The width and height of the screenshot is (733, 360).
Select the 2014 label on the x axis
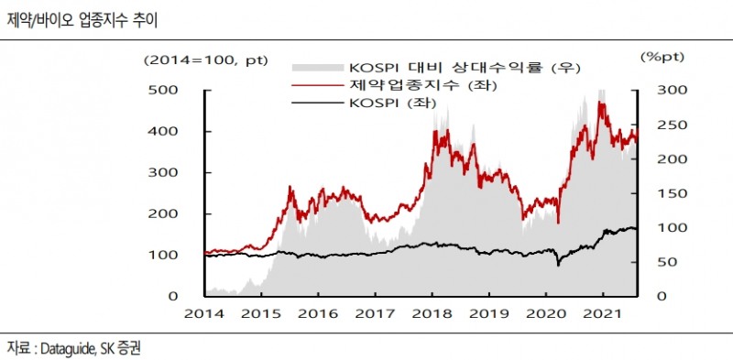[203, 314]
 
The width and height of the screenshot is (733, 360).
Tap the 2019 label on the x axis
[488, 314]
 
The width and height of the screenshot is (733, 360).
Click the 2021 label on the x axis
[603, 314]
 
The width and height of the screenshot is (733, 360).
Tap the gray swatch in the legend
[317, 69]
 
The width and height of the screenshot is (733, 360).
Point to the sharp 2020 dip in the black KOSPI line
[557, 265]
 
